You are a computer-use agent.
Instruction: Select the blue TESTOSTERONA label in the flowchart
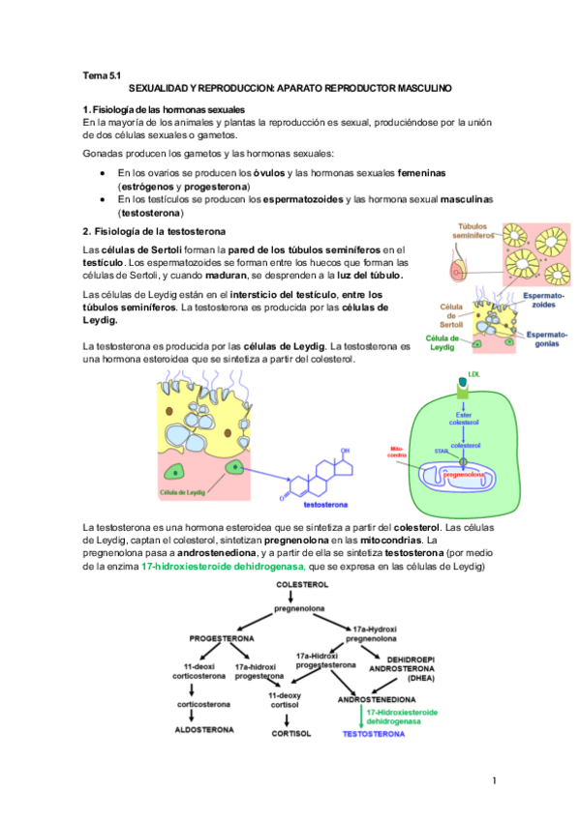(374, 735)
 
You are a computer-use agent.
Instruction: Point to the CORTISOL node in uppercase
(290, 734)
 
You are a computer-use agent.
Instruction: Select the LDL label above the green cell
(473, 372)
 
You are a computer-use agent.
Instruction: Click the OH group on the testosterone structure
(346, 450)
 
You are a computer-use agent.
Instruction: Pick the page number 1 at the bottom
(494, 779)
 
